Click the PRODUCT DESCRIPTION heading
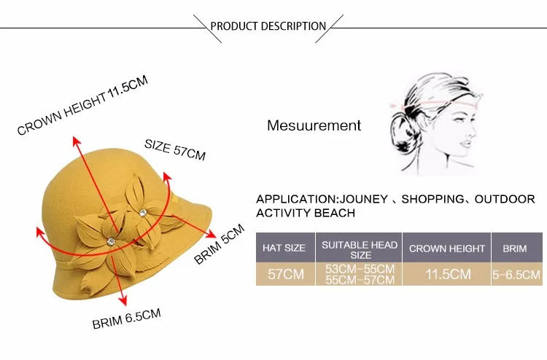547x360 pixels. [x=268, y=26]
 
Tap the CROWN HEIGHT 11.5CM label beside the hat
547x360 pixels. [x=82, y=106]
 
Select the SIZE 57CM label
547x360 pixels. [x=175, y=149]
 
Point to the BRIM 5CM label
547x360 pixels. [x=219, y=245]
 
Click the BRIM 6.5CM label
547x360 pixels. [x=126, y=318]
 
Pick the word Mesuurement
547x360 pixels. [x=314, y=125]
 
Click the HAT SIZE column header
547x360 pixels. [x=284, y=249]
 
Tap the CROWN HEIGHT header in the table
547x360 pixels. [x=446, y=249]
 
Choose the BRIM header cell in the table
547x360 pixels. [x=515, y=249]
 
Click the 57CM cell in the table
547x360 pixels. [x=284, y=274]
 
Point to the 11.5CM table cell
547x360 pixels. [x=446, y=274]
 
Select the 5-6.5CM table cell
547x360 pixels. [x=516, y=274]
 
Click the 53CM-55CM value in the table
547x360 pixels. [x=360, y=269]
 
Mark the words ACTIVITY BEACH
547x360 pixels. [x=306, y=213]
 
